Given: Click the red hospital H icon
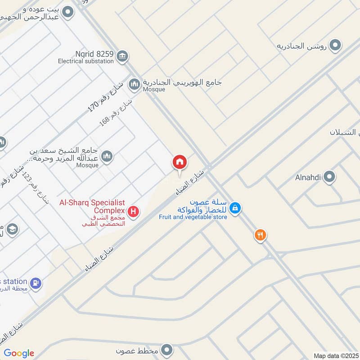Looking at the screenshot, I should pyautogui.click(x=133, y=211).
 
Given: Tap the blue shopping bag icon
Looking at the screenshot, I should pyautogui.click(x=234, y=208).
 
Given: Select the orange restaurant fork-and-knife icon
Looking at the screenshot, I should pyautogui.click(x=260, y=235).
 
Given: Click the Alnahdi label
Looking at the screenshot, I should pyautogui.click(x=307, y=177).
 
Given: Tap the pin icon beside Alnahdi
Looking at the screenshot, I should pyautogui.click(x=330, y=177).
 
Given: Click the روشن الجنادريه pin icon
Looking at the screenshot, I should pyautogui.click(x=335, y=45).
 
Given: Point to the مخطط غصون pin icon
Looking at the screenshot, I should pyautogui.click(x=167, y=350).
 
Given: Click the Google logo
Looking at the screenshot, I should pyautogui.click(x=19, y=353).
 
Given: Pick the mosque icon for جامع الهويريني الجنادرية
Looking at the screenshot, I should pyautogui.click(x=134, y=84).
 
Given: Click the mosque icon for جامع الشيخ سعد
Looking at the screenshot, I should pyautogui.click(x=107, y=157).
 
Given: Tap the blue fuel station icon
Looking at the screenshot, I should pyautogui.click(x=36, y=283).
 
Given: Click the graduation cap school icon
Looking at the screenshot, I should pyautogui.click(x=13, y=229).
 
